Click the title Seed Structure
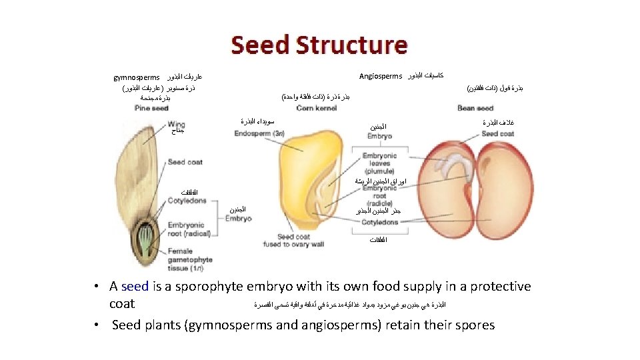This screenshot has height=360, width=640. tap(319, 45)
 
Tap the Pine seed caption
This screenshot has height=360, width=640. tap(151, 108)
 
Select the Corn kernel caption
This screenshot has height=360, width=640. tap(316, 108)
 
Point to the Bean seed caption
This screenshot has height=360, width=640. tap(475, 108)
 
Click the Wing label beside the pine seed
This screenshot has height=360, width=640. tap(177, 125)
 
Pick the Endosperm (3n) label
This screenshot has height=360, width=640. tap(259, 134)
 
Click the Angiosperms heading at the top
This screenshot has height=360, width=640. tap(381, 76)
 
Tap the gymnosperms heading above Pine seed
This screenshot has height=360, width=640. tap(137, 77)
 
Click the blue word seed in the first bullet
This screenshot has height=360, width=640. tap(135, 287)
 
